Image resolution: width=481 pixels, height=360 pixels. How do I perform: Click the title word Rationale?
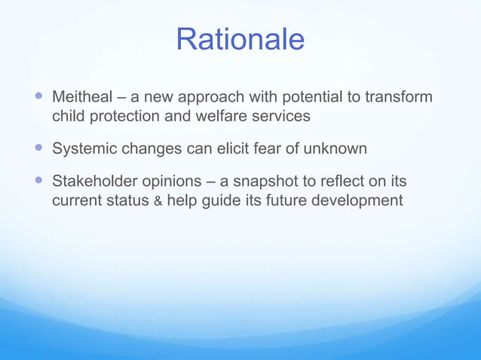[x=240, y=39]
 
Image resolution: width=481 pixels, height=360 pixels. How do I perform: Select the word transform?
[x=399, y=97]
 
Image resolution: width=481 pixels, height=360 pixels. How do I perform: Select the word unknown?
[x=335, y=149]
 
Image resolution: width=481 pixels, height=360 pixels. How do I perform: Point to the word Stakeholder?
[x=95, y=182]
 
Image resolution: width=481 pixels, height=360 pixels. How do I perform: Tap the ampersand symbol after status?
[x=158, y=202]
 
